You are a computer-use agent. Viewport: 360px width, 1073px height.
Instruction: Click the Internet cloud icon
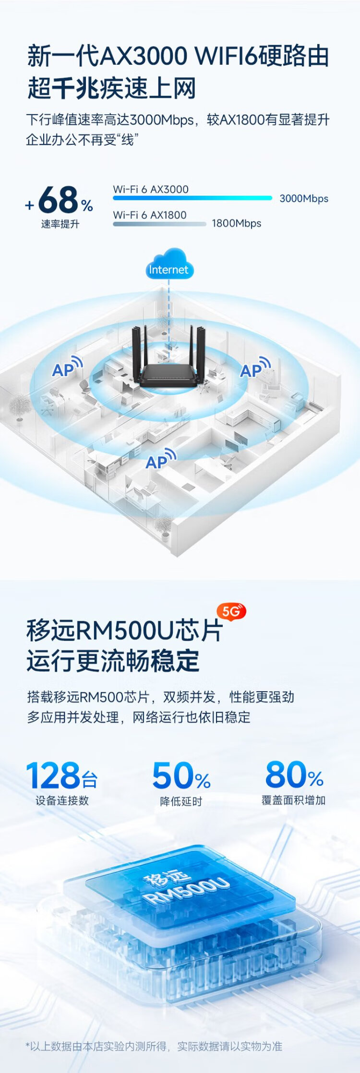coord(169,264)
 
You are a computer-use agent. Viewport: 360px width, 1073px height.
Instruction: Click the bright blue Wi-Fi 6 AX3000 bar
coord(192,198)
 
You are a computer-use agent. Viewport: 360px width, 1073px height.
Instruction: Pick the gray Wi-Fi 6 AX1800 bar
coord(159,224)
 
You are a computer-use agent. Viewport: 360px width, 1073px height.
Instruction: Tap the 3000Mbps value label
coord(304,198)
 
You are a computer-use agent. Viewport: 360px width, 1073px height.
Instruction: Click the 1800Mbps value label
coord(237,223)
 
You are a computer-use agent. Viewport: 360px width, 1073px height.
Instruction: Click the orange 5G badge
coord(232,611)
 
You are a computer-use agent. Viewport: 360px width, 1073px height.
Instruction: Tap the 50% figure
coord(181,775)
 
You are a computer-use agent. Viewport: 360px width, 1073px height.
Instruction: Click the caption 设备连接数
coord(62,800)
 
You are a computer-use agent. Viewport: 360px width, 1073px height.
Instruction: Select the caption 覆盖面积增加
coord(294,800)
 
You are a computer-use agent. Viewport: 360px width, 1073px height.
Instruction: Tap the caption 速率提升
coord(60,224)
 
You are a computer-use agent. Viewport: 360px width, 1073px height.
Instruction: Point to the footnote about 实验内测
coord(154,1046)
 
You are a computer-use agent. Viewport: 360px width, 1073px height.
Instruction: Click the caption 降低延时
coord(181,801)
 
